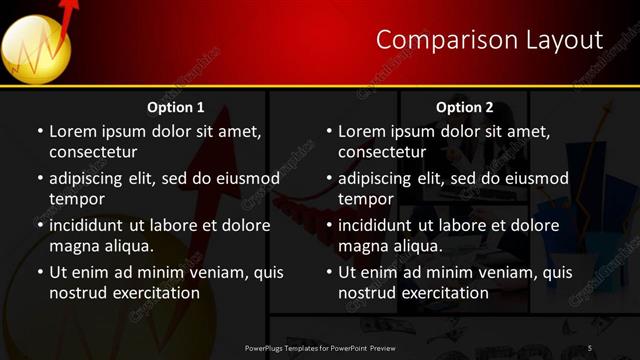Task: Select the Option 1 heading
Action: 176,107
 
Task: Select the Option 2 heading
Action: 465,107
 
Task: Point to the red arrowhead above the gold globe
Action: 69,9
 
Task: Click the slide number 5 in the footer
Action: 590,348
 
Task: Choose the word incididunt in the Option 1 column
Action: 89,225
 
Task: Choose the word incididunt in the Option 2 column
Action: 378,225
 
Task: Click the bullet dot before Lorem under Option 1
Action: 40,131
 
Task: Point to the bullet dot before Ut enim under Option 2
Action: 329,272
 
